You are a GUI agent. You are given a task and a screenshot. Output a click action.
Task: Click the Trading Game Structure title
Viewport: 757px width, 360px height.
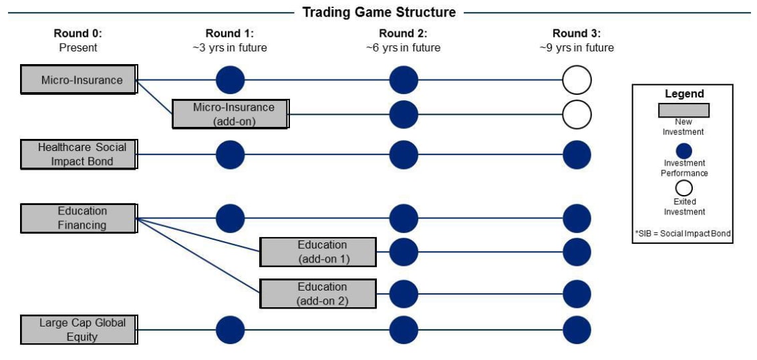pos(379,12)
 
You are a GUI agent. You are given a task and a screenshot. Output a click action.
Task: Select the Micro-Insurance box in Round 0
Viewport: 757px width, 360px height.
pos(80,79)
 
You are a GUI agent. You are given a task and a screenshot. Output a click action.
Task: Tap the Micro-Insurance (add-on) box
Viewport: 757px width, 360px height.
pos(231,114)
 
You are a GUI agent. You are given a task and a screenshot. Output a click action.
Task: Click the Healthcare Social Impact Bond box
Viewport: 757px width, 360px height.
pos(79,154)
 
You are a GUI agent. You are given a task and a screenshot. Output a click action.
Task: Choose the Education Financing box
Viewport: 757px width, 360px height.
pos(79,218)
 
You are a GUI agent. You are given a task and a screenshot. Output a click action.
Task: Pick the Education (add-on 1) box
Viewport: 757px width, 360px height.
pos(318,252)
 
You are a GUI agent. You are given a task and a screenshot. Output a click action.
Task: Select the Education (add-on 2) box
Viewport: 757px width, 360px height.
pos(318,293)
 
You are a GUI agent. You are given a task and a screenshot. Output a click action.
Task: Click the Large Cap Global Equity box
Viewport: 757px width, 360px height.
pos(79,329)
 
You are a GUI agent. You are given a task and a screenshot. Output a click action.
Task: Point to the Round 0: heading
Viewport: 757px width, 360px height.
pos(78,34)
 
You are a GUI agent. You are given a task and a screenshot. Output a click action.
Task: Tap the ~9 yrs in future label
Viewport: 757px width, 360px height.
pos(577,48)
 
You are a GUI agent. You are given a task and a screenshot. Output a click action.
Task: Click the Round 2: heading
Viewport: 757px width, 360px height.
pos(403,34)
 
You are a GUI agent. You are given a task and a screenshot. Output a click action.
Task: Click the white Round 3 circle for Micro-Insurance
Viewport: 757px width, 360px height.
pos(577,79)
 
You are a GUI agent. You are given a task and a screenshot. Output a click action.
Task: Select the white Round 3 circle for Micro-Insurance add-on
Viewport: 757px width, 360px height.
pos(577,114)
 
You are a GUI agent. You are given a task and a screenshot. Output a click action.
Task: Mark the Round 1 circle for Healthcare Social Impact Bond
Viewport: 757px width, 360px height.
pos(231,155)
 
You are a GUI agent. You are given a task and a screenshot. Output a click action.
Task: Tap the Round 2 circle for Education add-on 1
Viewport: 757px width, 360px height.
pos(403,252)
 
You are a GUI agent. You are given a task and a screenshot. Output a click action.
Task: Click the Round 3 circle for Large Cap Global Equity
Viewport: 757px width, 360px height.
pos(577,330)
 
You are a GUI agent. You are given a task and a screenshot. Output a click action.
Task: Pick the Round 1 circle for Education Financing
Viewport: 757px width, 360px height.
pos(231,218)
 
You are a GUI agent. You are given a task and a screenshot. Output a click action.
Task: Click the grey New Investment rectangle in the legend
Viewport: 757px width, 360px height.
pos(684,110)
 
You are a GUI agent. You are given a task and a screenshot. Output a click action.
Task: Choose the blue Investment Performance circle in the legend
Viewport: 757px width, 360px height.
pos(684,150)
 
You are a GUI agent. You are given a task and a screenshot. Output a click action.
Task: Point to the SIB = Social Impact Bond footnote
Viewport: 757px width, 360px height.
pos(683,233)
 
